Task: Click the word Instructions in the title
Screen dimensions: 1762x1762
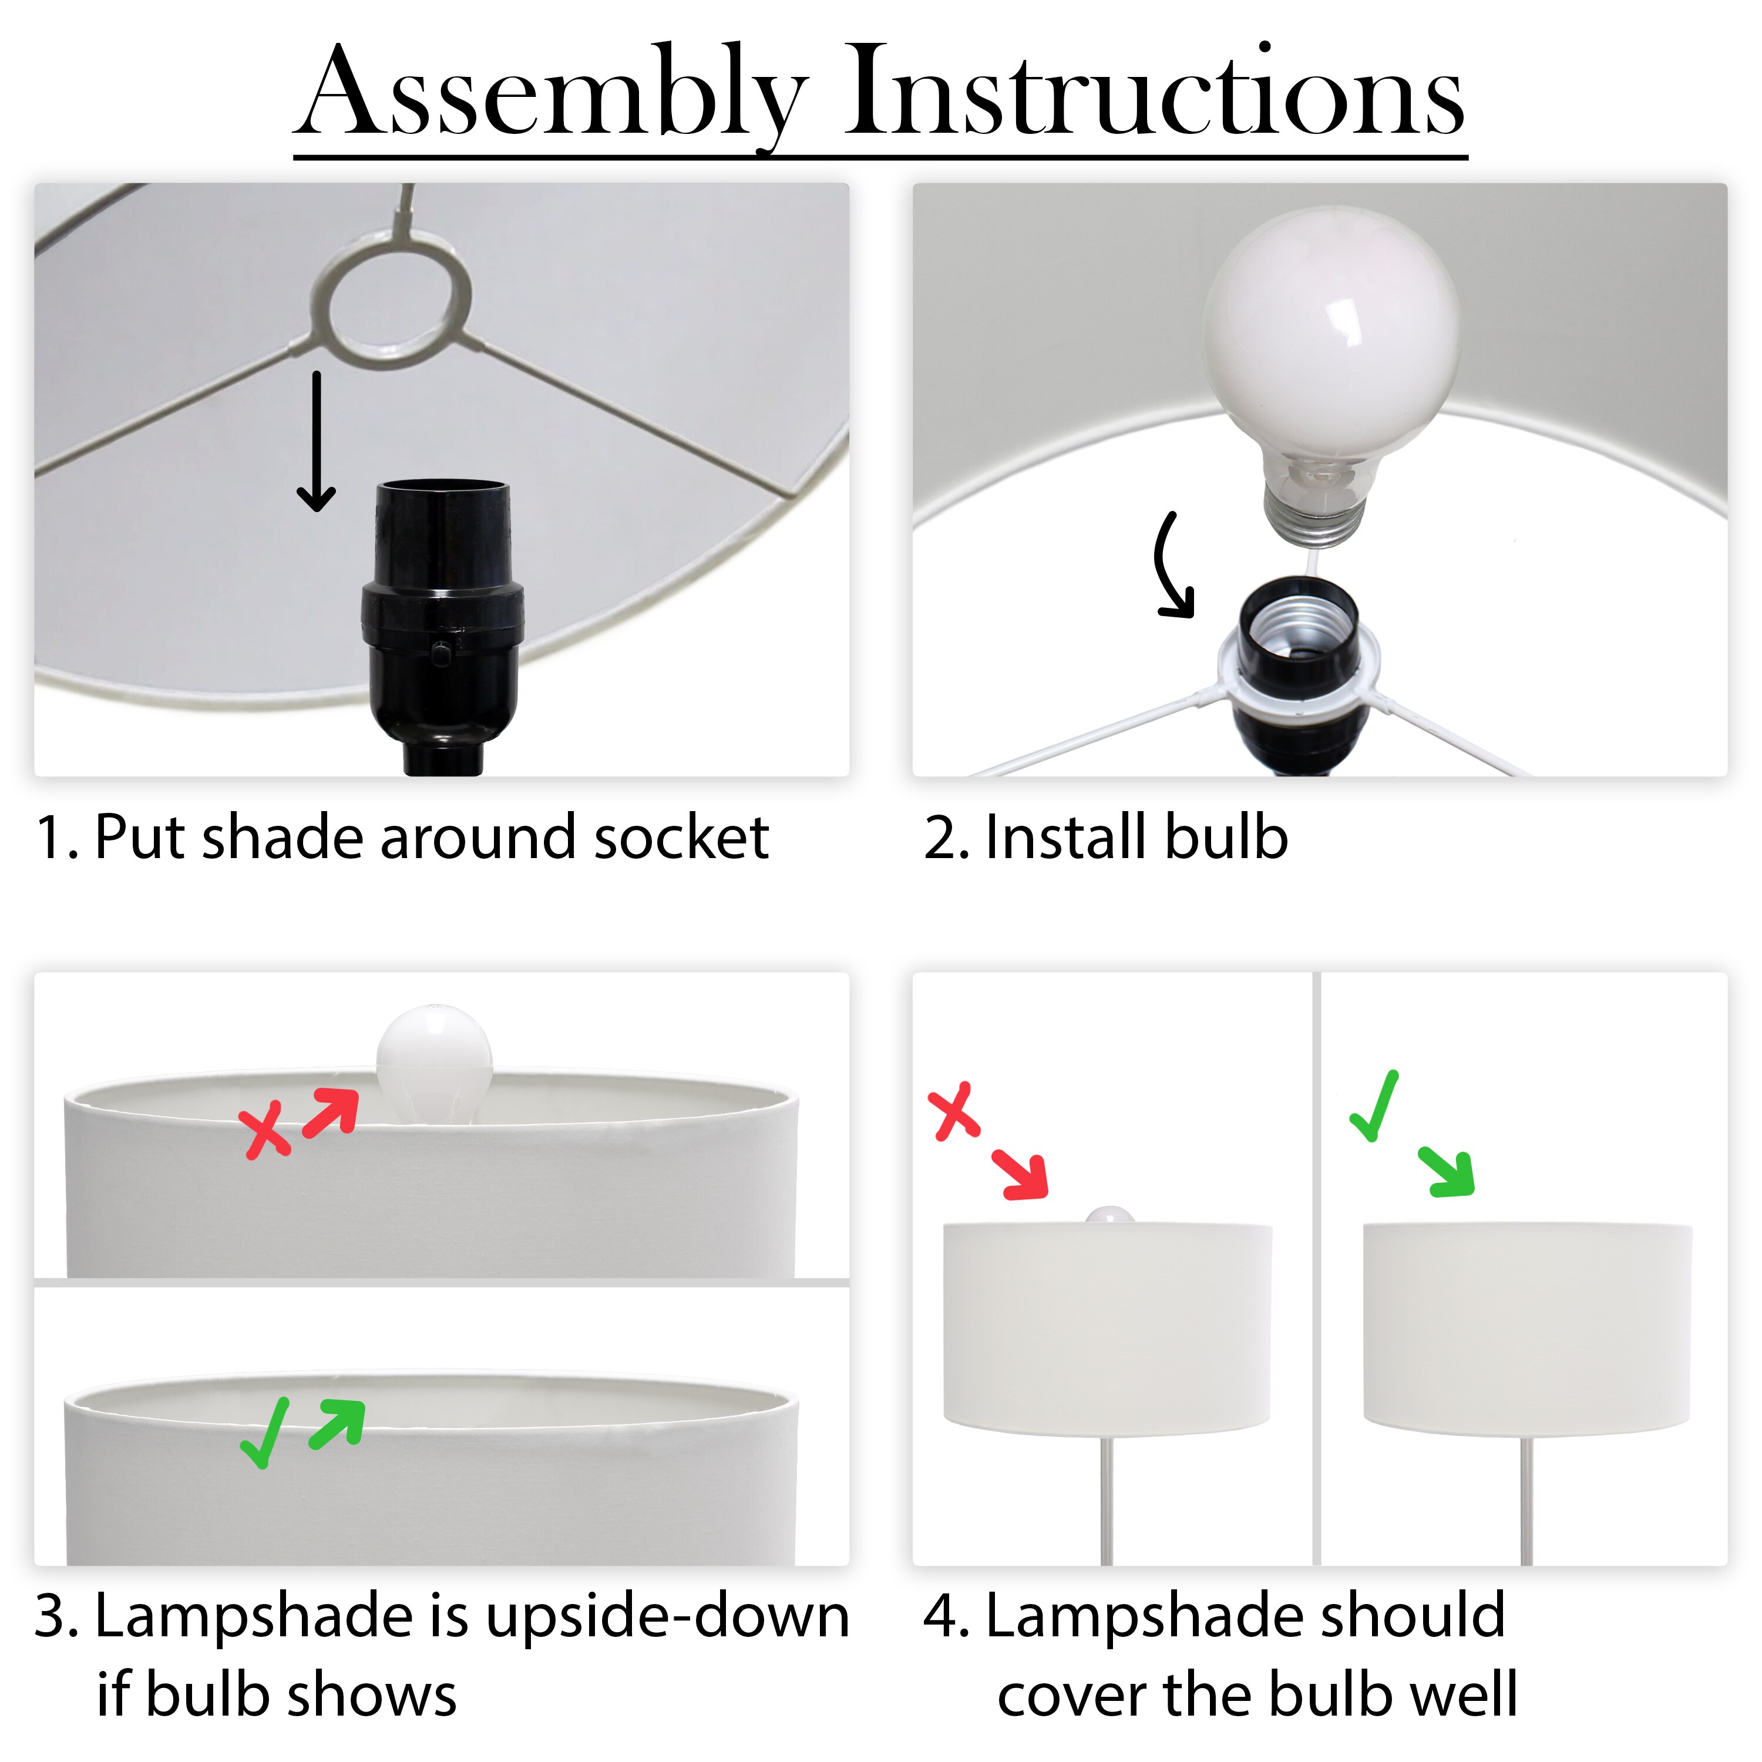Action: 1155,90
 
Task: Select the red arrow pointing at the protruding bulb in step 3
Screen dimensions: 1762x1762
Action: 330,1112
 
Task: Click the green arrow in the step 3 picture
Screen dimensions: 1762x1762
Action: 338,1424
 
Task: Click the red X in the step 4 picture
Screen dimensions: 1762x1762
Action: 954,1112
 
